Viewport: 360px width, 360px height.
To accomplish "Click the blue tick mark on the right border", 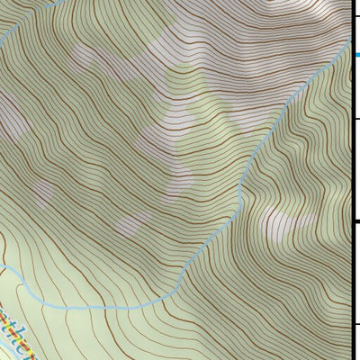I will (x=355, y=55).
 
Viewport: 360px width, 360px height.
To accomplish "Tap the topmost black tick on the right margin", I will (x=355, y=16).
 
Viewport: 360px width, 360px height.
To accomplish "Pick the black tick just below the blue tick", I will (x=355, y=119).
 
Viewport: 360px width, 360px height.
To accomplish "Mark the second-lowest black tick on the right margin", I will (x=355, y=221).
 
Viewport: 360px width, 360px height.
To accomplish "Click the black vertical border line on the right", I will (x=350, y=180).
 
